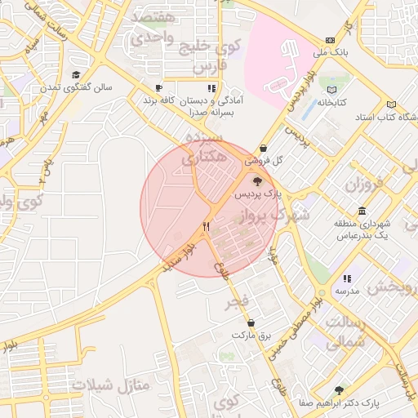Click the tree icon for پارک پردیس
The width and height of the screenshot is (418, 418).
tap(258, 183)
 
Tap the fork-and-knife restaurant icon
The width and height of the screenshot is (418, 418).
tap(207, 226)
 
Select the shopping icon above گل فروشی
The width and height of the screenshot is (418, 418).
tap(263, 149)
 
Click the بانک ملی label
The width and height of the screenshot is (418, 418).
tap(333, 52)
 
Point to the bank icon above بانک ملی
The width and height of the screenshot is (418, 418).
tap(329, 40)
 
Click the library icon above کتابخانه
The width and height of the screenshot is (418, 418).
tap(331, 91)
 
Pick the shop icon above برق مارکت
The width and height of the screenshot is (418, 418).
tap(250, 322)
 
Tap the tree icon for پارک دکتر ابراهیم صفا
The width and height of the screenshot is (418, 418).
tap(339, 390)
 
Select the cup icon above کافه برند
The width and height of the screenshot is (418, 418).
tap(158, 87)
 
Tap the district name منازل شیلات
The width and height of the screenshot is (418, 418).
tap(107, 384)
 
